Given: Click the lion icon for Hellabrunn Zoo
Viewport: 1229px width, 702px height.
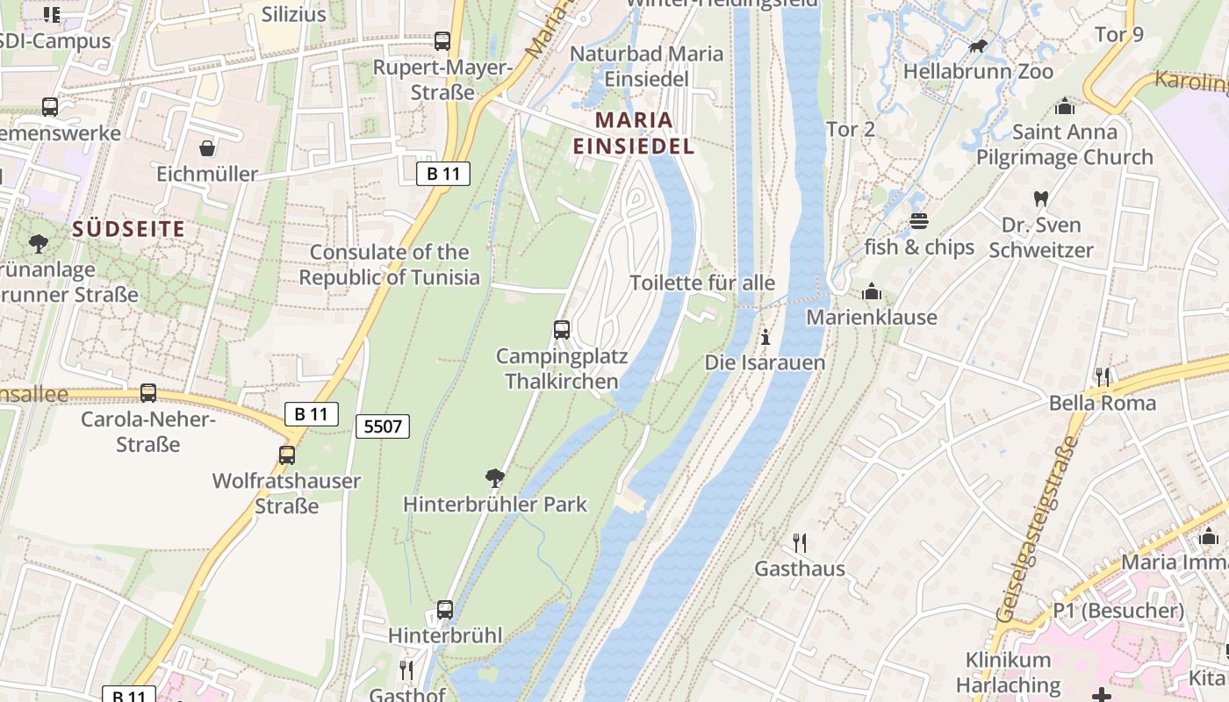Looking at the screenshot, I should click(x=977, y=46).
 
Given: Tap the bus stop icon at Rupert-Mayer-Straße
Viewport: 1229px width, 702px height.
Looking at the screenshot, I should click(x=442, y=40).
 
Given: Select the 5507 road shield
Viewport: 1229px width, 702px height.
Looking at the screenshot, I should click(x=383, y=426).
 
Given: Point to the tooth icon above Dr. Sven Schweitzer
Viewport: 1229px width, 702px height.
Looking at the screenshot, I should click(x=1041, y=199).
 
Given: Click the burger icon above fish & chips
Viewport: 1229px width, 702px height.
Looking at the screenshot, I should click(x=919, y=220).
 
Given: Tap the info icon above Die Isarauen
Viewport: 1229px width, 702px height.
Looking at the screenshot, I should click(x=765, y=336).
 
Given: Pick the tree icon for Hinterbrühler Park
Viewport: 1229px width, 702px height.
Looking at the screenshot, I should click(x=495, y=478).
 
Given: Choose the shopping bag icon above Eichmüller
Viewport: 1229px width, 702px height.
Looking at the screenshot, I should click(x=207, y=147).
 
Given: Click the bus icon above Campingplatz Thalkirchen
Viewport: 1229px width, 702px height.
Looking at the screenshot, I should click(x=562, y=330).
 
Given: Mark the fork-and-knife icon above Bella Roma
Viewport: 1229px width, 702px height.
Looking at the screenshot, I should click(x=1103, y=376).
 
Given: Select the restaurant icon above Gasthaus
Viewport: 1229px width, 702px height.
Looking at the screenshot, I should click(x=799, y=542).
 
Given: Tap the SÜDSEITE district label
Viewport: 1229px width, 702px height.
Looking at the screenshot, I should click(x=129, y=229).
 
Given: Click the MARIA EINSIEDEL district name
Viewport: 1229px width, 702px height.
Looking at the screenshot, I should click(x=634, y=133).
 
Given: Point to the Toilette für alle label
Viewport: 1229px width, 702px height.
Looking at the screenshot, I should click(x=702, y=283).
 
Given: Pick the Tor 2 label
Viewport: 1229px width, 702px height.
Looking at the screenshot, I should click(x=851, y=130).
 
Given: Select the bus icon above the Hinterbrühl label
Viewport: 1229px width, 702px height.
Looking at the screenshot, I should click(x=445, y=609).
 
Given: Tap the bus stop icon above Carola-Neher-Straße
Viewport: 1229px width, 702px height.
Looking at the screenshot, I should click(x=148, y=392).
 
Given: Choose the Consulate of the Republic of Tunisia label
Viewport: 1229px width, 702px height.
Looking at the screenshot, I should click(x=390, y=265).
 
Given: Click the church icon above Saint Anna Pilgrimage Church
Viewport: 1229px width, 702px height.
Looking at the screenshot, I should click(x=1065, y=106).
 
